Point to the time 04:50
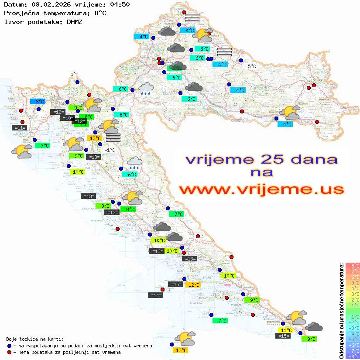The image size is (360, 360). click(120, 5)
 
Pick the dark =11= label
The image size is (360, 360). click(20, 128)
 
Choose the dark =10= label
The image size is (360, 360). click(67, 118)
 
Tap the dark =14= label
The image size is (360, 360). click(156, 295)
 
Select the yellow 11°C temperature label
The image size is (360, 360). click(286, 330)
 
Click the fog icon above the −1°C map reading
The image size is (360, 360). click(113, 137)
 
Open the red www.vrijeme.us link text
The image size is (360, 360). click(261, 189)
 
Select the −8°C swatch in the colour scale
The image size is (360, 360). click(352, 356)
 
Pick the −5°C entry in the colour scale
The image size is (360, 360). click(352, 339)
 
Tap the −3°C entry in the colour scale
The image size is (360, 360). click(352, 328)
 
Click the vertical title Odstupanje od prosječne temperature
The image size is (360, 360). click(341, 310)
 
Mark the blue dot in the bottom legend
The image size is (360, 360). click(10, 346)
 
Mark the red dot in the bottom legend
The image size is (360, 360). click(10, 352)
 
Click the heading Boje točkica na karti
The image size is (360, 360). click(35, 339)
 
